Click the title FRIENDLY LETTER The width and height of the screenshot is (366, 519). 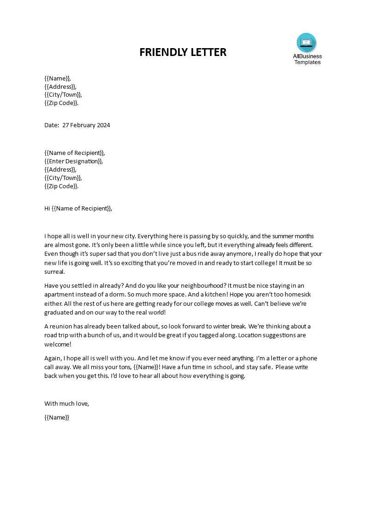(183, 52)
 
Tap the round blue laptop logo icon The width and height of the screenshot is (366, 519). (306, 43)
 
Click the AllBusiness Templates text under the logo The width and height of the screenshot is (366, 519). (307, 59)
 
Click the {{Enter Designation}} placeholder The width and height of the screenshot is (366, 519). (73, 161)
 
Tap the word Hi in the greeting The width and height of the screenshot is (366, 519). (47, 208)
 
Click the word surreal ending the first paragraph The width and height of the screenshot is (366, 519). (55, 272)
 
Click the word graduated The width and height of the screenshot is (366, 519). (60, 312)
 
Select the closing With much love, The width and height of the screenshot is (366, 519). (66, 403)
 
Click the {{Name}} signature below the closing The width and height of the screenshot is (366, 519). (57, 417)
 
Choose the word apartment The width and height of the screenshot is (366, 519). (60, 294)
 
